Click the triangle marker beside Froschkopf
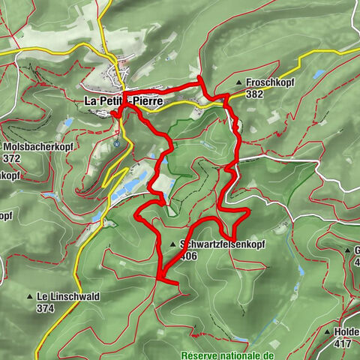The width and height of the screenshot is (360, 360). coord(239,83)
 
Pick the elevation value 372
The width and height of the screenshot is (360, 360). coord(11,158)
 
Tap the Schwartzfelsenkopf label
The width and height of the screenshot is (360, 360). coord(223,244)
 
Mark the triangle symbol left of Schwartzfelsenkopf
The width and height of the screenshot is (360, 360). coord(173,244)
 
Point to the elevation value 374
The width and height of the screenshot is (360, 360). coord(45,307)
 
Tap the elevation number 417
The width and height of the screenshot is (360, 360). coord(342,343)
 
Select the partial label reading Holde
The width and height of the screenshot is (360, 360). coord(347,331)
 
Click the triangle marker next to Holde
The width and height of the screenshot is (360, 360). coord(328,331)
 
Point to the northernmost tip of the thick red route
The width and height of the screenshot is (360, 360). coord(199,78)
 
